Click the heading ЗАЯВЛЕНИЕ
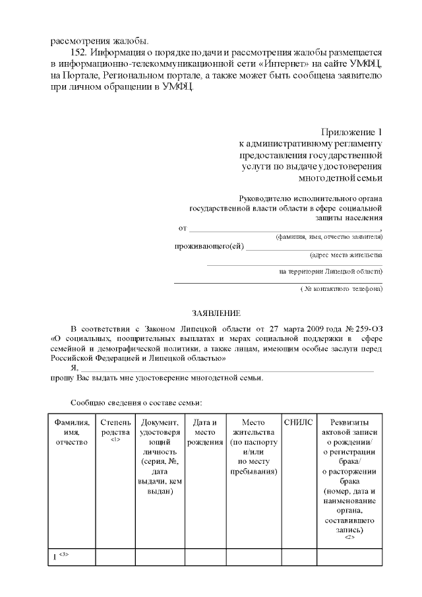[216, 313]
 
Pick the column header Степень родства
[115, 427]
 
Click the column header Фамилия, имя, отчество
[72, 431]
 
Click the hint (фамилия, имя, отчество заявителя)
[328, 236]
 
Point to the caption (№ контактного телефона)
[342, 289]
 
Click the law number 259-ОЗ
[365, 327]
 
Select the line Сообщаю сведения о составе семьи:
[136, 402]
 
